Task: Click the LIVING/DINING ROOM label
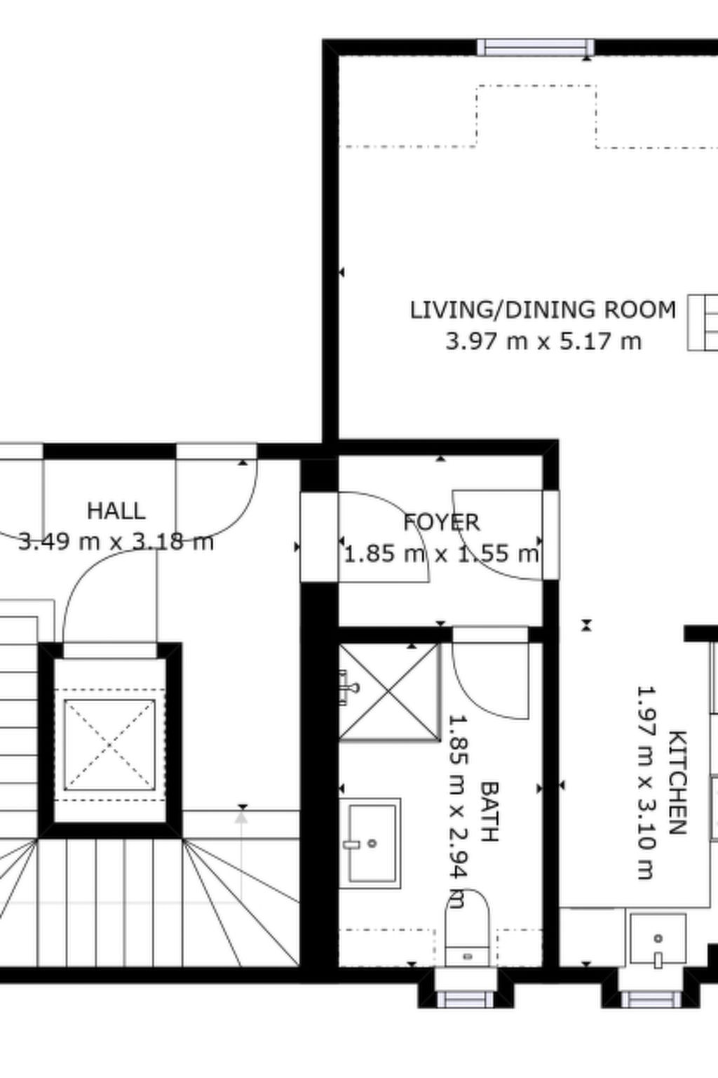coord(543,310)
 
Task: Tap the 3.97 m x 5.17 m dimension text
coord(543,342)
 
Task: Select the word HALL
coord(116,510)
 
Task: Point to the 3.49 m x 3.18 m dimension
coord(116,542)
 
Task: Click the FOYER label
coord(442,522)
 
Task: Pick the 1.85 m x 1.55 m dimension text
coord(442,554)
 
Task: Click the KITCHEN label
coord(677,783)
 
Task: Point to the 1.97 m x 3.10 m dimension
coord(645,783)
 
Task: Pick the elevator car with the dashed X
coord(109,745)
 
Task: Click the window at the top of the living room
coord(536,48)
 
